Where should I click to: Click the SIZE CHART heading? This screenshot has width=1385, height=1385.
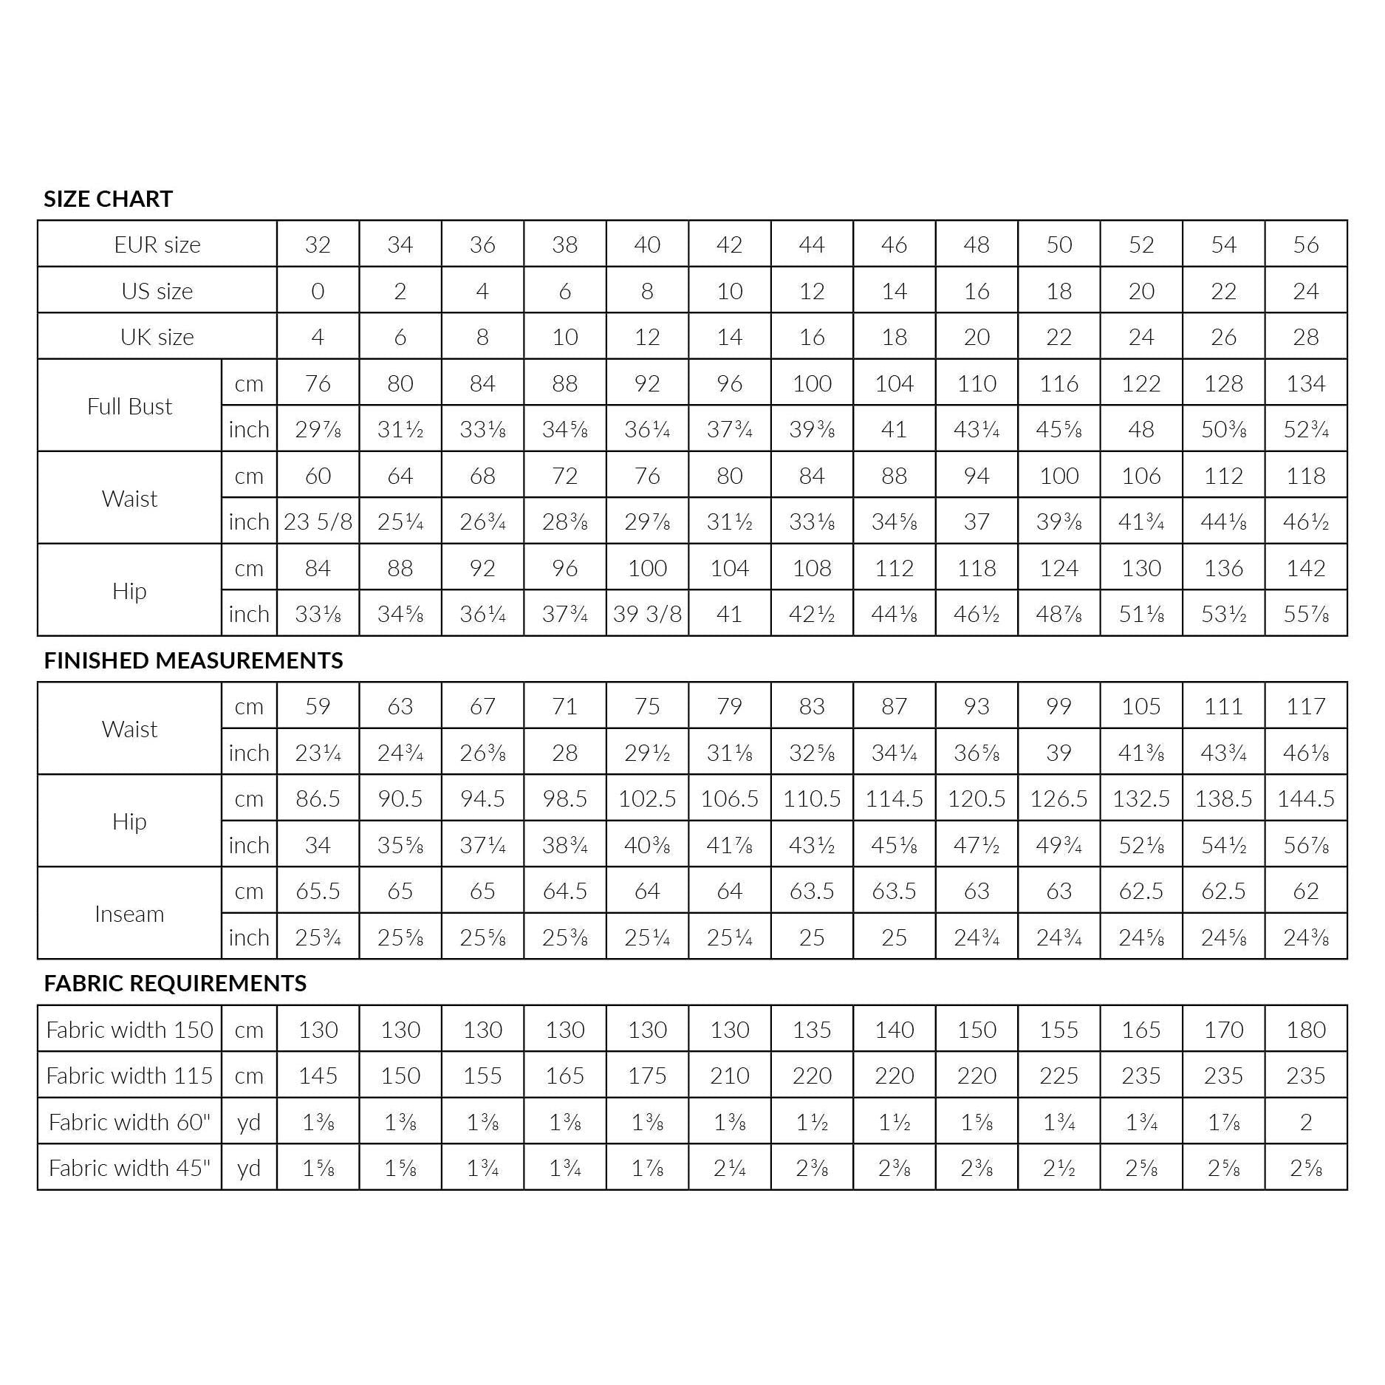(108, 199)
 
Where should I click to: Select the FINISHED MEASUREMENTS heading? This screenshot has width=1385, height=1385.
(193, 660)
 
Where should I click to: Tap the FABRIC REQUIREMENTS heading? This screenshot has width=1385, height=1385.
(175, 983)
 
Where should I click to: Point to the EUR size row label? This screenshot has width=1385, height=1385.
(157, 244)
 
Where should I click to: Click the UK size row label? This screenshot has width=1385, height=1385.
(157, 337)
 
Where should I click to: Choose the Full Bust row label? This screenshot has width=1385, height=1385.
(129, 406)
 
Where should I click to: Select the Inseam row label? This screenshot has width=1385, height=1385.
(129, 914)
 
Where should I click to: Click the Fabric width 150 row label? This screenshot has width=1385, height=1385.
(129, 1030)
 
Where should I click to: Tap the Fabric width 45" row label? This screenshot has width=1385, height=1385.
(129, 1168)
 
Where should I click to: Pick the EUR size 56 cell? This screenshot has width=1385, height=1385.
(1305, 244)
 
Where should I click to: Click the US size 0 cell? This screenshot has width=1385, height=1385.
(318, 291)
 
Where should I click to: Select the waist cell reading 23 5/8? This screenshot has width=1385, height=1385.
(318, 521)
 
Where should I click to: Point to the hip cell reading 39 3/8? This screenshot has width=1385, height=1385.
(647, 614)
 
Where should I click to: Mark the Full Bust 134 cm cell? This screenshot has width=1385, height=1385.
(1305, 383)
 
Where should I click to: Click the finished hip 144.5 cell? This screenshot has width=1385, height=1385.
(1305, 798)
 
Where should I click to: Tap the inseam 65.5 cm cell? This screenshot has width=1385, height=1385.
(318, 891)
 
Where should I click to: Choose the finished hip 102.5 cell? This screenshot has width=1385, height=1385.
(647, 798)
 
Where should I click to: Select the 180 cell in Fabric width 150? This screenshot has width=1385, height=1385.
(1305, 1030)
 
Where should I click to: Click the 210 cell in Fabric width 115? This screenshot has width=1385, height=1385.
(729, 1075)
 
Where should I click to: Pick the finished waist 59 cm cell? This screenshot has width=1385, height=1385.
(318, 706)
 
